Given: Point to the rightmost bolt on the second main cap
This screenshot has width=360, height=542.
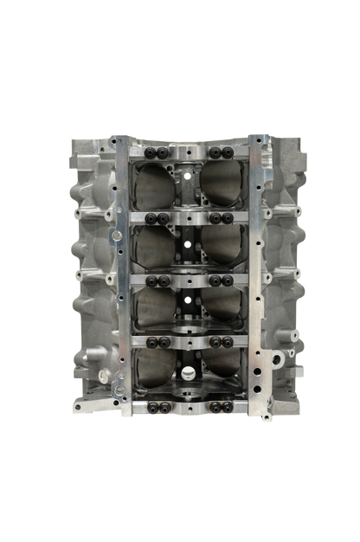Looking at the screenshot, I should [229, 217].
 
